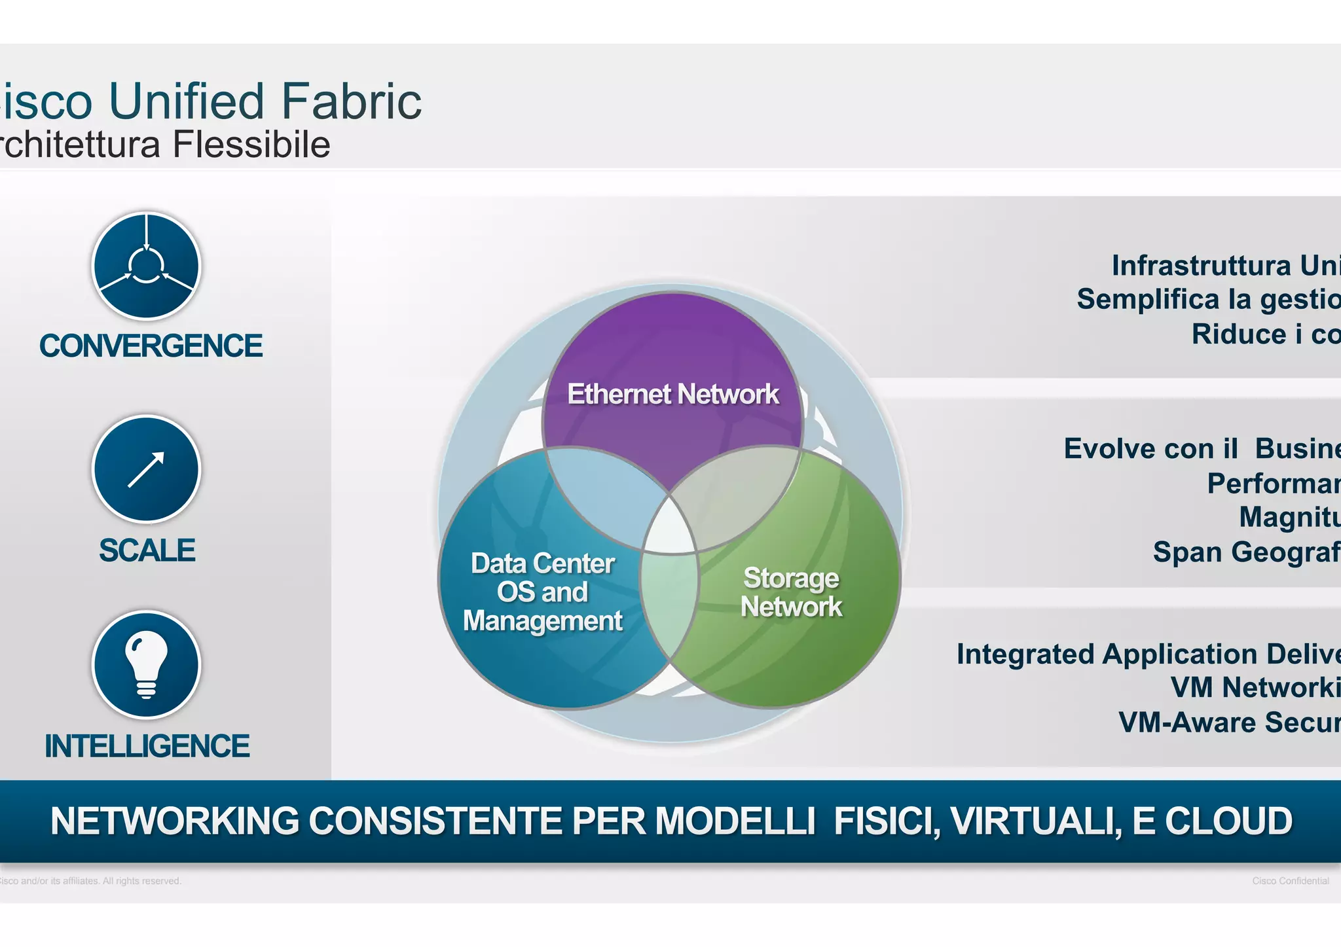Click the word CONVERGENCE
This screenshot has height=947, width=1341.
click(x=151, y=346)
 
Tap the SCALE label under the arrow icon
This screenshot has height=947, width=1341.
click(x=147, y=550)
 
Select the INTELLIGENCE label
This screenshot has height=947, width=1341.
click(x=147, y=746)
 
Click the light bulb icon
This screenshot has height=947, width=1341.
click(x=146, y=664)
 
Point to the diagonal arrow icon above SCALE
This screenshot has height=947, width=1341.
click(x=146, y=469)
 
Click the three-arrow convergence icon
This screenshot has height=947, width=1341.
click(x=146, y=266)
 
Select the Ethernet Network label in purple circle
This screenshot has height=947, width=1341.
click(x=672, y=394)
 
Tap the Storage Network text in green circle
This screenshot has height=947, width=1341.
click(x=791, y=592)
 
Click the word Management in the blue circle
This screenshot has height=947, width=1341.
click(x=542, y=620)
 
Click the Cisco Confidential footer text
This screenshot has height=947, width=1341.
click(x=1290, y=881)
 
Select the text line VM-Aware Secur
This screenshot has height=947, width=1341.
click(x=1228, y=723)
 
